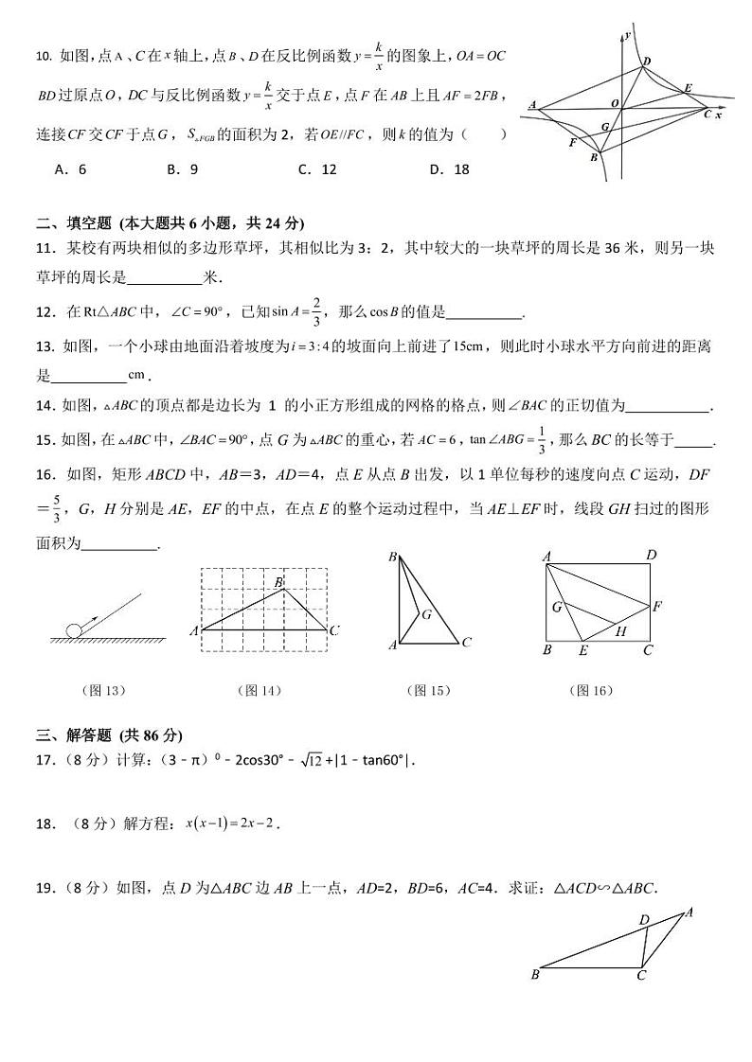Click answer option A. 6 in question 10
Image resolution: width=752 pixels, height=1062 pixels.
71,169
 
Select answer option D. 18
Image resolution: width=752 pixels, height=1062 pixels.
449,169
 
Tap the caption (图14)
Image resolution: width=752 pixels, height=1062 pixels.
260,690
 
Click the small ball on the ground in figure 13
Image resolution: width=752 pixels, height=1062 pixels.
73,630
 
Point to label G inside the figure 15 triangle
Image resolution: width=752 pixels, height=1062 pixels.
427,614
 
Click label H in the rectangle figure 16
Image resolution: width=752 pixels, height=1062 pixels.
621,630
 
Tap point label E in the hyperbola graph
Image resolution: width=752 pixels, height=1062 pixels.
688,88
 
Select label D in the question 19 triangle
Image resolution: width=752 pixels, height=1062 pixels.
644,919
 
